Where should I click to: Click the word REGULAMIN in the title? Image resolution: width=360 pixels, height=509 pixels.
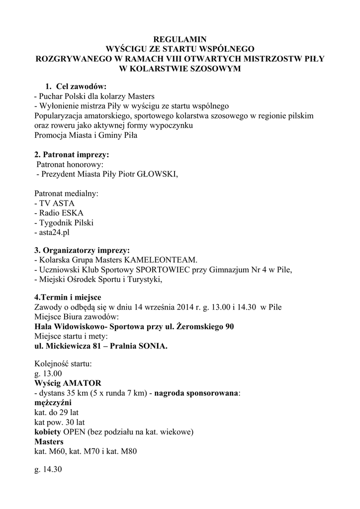click(180, 39)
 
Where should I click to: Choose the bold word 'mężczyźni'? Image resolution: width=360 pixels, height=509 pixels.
click(53, 403)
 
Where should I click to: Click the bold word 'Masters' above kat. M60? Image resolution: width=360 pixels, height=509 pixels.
click(49, 442)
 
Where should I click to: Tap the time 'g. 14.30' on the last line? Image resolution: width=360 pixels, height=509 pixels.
click(48, 470)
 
